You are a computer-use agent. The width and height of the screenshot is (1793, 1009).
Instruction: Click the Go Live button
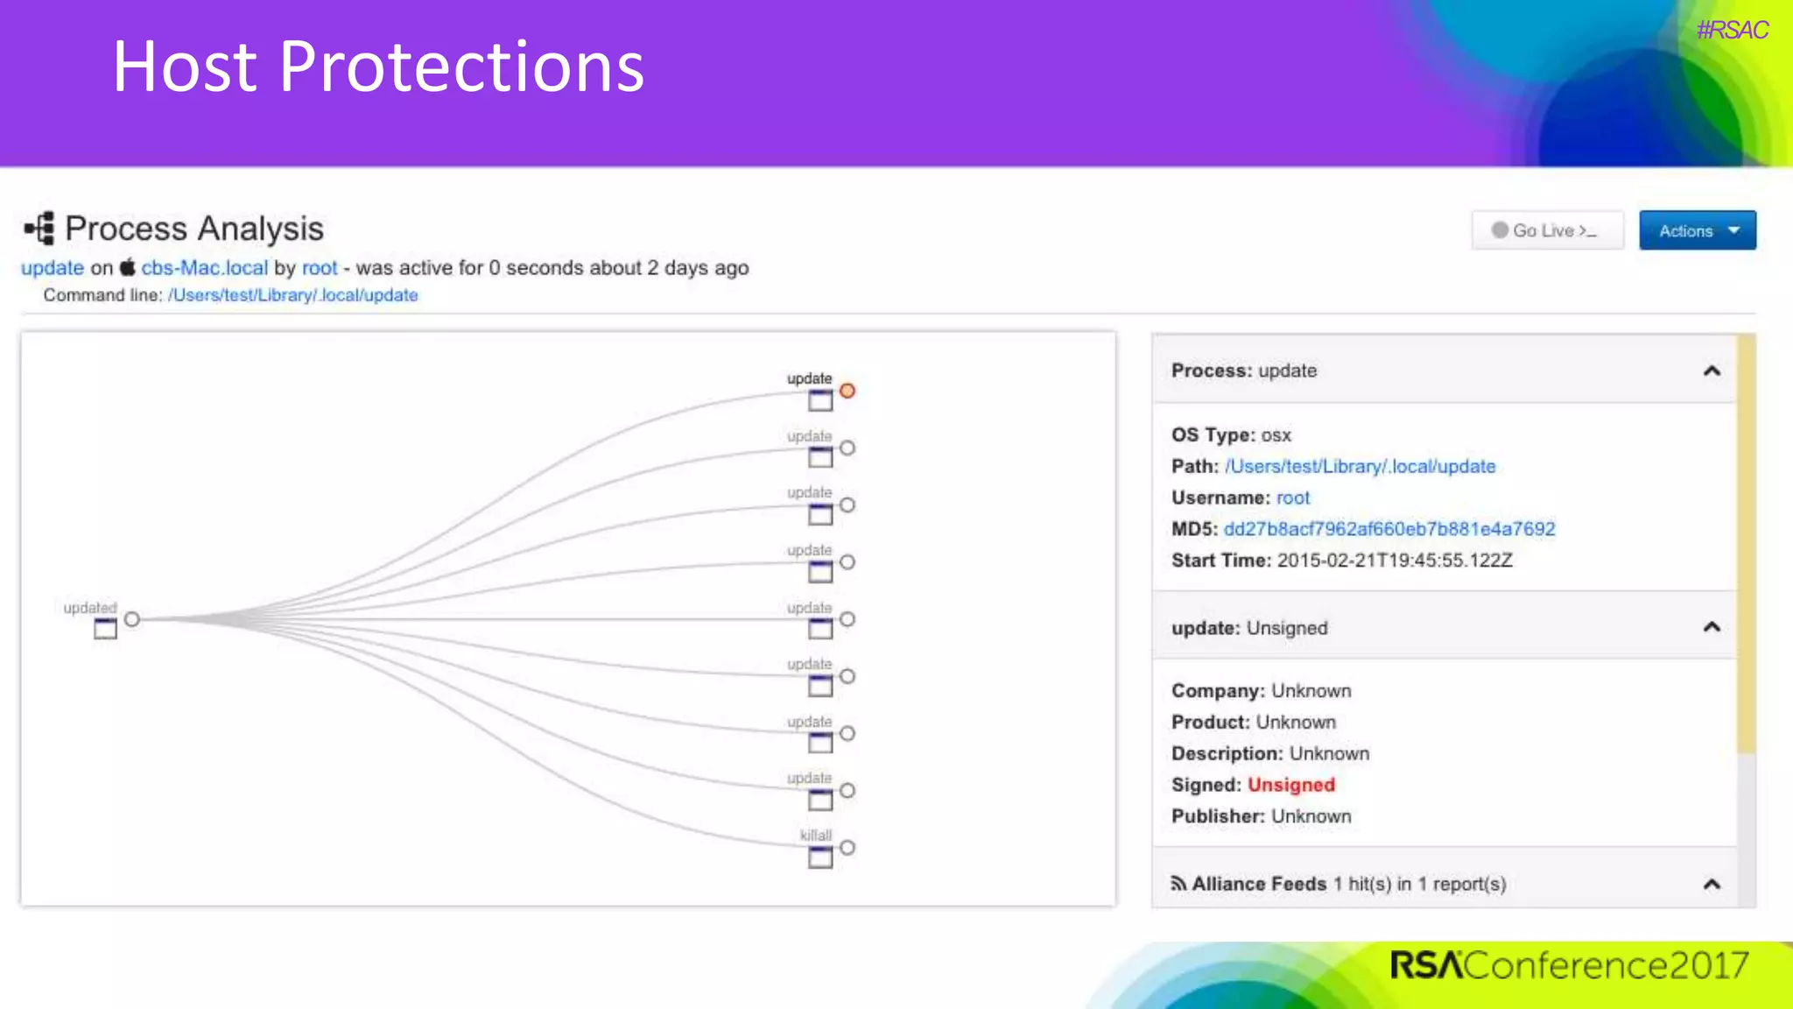(1547, 230)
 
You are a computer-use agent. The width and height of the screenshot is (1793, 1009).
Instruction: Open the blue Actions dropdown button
(1697, 230)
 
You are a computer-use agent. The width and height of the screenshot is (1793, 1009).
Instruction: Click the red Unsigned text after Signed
(1290, 785)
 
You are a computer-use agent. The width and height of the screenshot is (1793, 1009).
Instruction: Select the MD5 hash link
(1389, 529)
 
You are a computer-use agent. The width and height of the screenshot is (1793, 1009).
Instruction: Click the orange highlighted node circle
(847, 391)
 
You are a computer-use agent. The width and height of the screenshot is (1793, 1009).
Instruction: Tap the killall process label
(815, 835)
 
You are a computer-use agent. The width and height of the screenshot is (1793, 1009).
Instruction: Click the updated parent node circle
(131, 619)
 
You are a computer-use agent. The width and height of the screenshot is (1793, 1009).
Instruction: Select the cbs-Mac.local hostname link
(204, 268)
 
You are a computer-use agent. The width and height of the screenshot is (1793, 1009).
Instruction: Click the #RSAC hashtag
(1732, 30)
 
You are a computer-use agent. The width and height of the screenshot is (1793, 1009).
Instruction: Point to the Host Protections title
(378, 67)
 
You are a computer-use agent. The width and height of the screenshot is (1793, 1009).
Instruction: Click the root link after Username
(1292, 497)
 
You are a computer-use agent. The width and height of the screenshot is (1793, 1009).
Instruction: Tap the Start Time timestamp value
(1394, 561)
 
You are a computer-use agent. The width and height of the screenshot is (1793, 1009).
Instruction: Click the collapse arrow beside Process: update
(1711, 370)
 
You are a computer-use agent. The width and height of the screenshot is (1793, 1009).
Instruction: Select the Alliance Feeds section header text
(1258, 884)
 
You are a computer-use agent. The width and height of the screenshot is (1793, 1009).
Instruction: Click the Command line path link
(292, 295)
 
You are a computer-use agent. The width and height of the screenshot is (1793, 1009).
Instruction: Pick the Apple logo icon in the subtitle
(128, 267)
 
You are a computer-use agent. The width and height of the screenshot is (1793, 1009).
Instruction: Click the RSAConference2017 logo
(1569, 965)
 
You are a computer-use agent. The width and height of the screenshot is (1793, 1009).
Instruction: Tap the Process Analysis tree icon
(39, 229)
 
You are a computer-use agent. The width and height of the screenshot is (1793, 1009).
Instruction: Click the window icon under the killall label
(820, 857)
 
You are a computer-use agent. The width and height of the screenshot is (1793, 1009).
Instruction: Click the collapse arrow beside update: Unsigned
(1711, 627)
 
